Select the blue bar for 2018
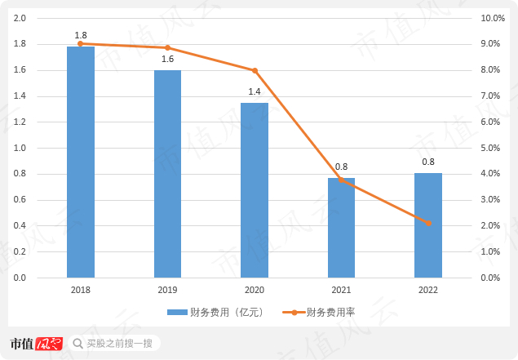pos(81,162)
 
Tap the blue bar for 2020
pos(255,190)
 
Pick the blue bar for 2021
pos(341,228)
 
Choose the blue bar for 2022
pos(427,225)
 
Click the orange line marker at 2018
pos(81,43)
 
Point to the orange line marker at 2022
pos(428,223)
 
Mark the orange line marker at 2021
pos(341,180)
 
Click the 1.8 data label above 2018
pos(81,36)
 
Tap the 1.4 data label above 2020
pos(255,91)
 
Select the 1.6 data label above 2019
pos(167,60)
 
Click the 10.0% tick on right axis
pos(493,18)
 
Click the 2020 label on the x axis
pos(255,291)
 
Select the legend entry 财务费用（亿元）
pos(212,313)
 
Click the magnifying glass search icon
pos(77,344)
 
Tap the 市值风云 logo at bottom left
pos(37,344)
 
